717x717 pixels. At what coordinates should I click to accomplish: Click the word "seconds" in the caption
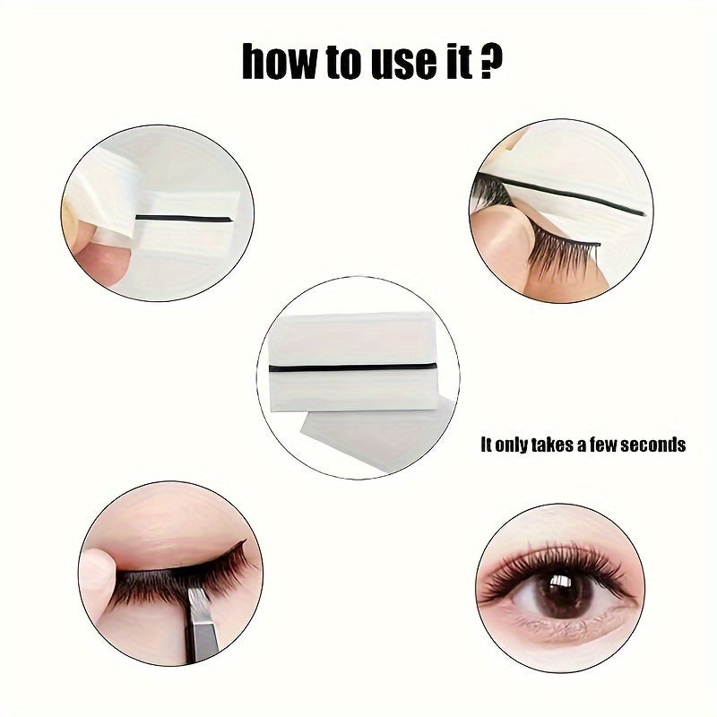coord(651,445)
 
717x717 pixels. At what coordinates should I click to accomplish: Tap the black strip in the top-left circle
coord(184,218)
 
